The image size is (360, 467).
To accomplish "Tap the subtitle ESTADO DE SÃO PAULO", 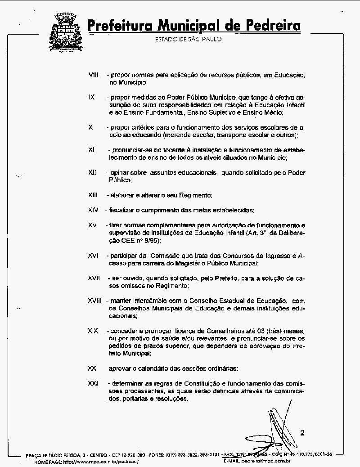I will pyautogui.click(x=188, y=39).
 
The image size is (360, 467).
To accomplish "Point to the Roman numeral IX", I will pyautogui.click(x=91, y=97).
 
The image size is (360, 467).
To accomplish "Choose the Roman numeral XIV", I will pyautogui.click(x=93, y=210).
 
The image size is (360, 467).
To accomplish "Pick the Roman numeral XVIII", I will pyautogui.click(x=95, y=301).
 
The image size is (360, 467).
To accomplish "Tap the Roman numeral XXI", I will pyautogui.click(x=93, y=383).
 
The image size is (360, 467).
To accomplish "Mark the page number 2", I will pyautogui.click(x=302, y=433).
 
